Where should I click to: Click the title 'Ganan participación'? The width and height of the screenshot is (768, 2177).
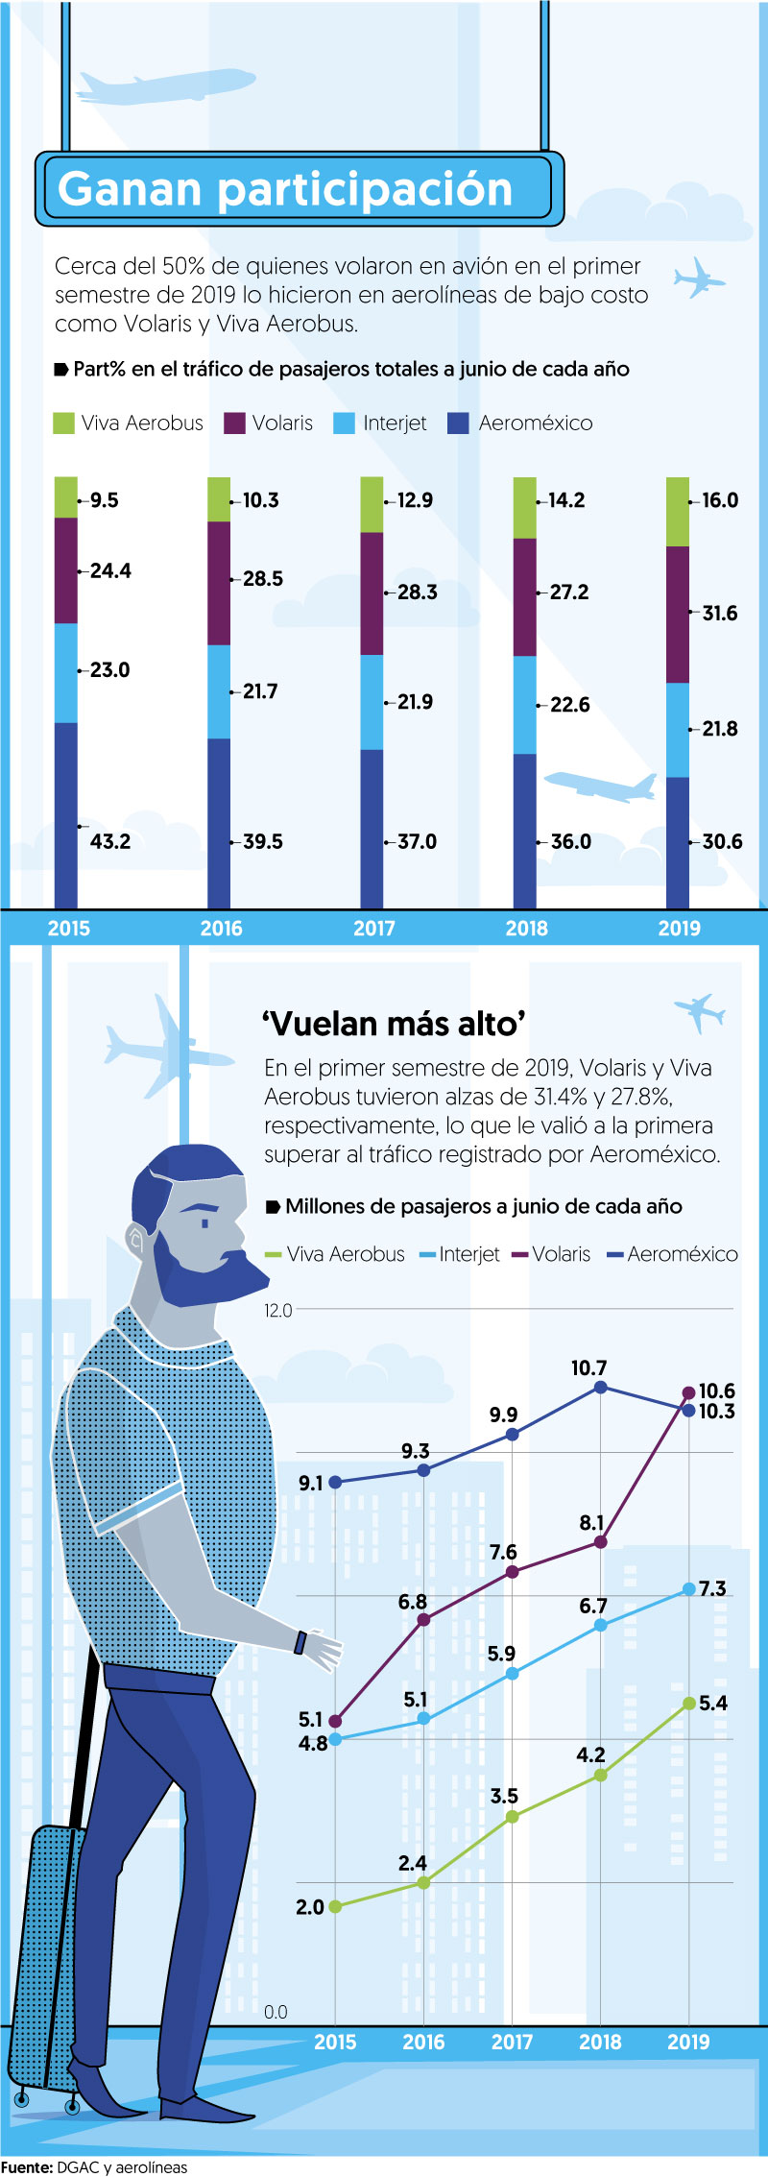(285, 189)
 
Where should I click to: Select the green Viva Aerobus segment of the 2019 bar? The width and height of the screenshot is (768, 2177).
(677, 511)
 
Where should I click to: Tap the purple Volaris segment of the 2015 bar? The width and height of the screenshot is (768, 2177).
(65, 570)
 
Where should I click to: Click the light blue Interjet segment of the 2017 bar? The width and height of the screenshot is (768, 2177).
(372, 702)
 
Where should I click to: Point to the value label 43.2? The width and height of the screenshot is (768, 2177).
(110, 841)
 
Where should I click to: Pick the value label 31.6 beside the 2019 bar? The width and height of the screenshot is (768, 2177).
(720, 613)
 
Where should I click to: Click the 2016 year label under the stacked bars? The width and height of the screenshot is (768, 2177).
(221, 928)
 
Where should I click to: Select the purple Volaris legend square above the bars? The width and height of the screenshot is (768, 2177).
(234, 423)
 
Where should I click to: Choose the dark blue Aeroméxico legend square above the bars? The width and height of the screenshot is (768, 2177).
(458, 423)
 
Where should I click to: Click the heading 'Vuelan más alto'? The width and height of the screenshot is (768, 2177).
(394, 1024)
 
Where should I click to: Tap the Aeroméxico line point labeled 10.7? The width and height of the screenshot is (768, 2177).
(601, 1387)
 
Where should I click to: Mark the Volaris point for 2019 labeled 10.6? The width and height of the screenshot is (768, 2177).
(688, 1392)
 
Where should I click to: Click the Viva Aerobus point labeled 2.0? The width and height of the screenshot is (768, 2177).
(335, 1906)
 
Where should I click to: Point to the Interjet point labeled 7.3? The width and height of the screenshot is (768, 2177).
(688, 1589)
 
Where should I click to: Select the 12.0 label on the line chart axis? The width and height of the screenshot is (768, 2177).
(277, 1310)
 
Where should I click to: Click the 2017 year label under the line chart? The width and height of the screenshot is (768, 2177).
(512, 2042)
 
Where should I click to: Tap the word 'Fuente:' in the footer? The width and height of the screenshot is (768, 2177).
(26, 2166)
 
